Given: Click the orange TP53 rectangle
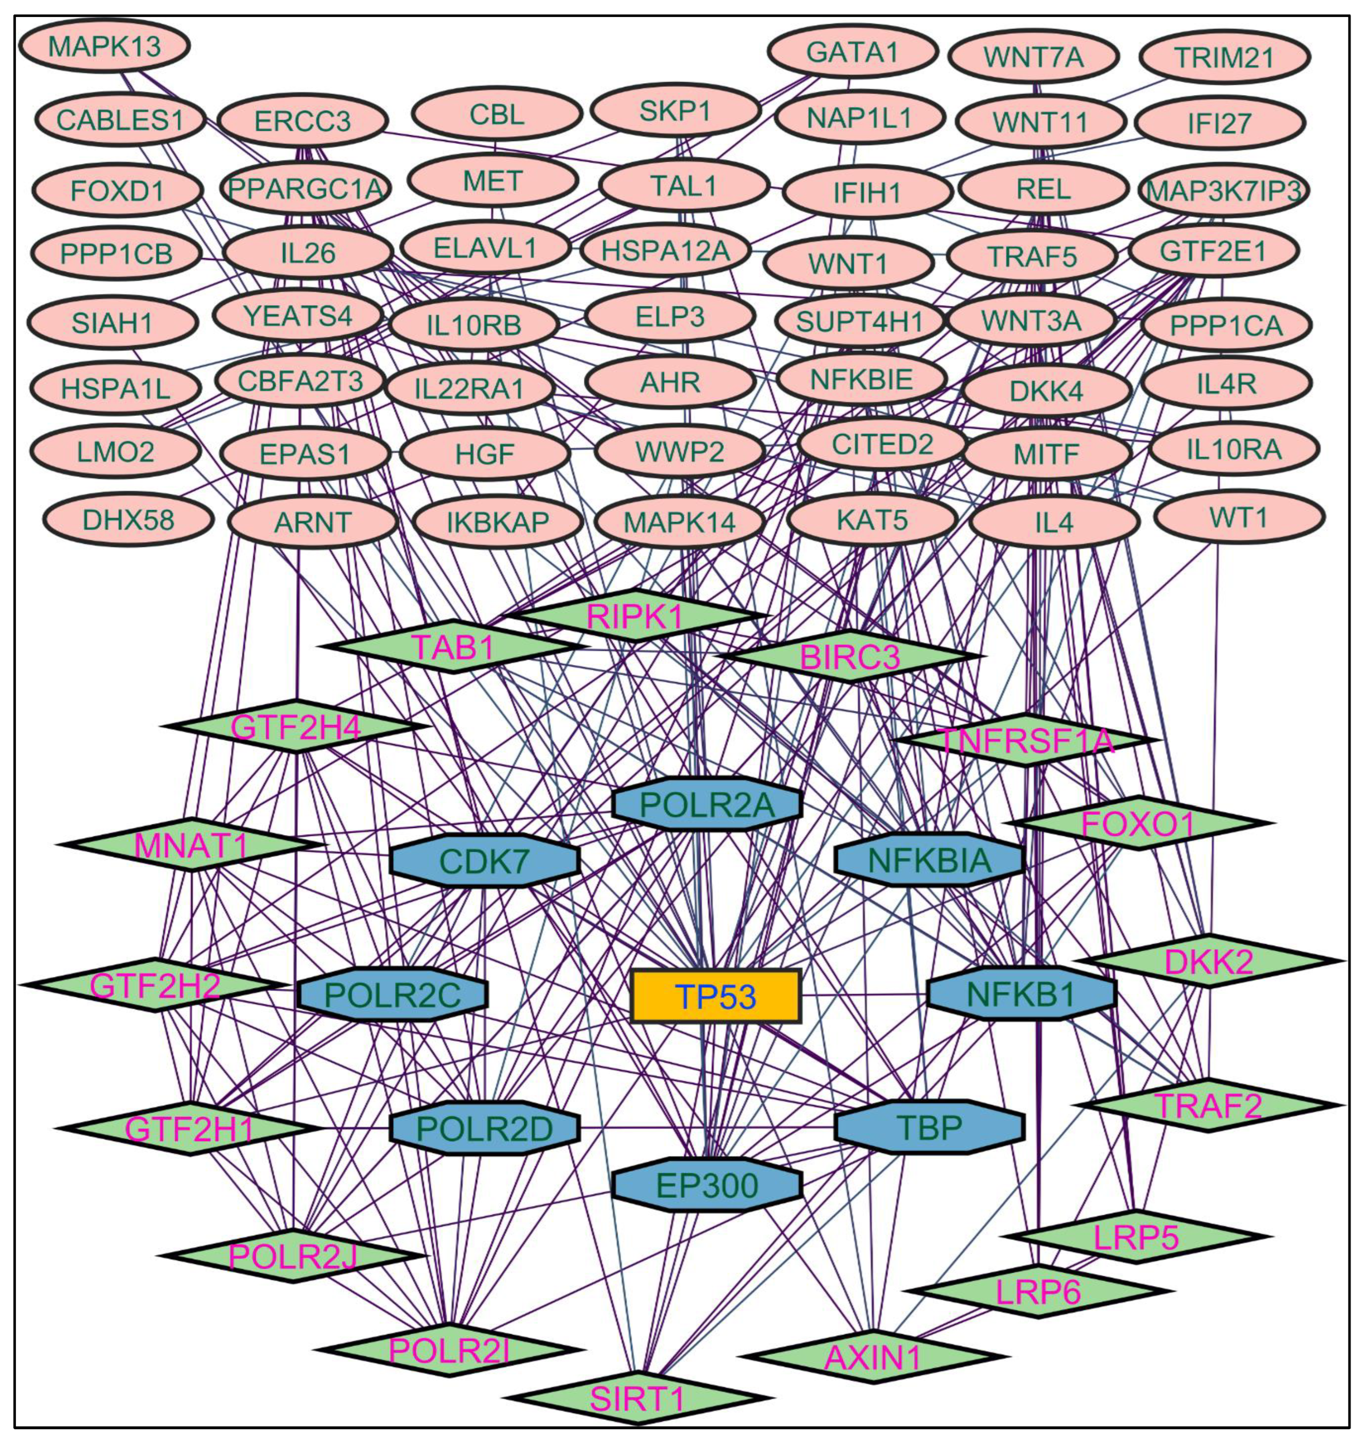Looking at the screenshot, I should coord(715,996).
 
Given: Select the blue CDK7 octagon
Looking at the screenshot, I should coord(484,861).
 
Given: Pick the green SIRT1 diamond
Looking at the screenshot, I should coord(638,1398).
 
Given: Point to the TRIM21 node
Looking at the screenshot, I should coord(1225,56).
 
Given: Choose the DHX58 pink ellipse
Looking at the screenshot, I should coord(128,520).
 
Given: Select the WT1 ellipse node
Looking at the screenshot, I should coord(1239,518).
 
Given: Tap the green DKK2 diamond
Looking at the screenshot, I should coord(1209,961).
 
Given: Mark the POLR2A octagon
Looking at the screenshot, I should coord(707,805).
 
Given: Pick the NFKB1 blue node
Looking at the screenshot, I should coord(1021,994).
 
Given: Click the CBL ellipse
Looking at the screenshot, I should coord(496,114).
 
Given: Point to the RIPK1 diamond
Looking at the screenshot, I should coord(635,616).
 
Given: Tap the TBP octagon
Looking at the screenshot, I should coord(929,1127).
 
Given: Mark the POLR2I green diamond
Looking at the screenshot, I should coord(449,1350).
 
